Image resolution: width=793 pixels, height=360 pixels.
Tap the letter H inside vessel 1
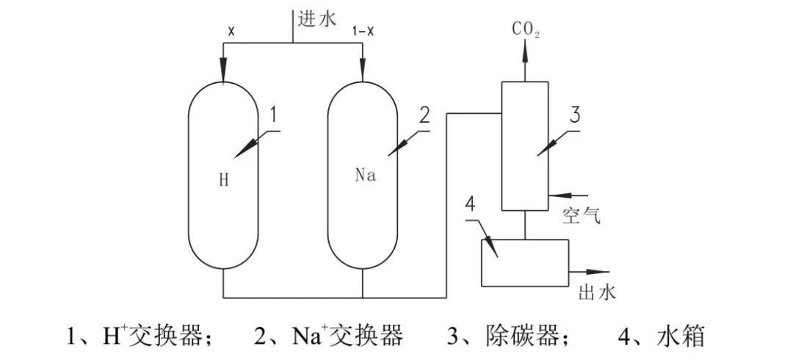(x=224, y=179)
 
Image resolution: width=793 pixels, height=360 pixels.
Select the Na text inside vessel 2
(x=365, y=177)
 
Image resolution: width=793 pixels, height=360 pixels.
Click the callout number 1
(x=272, y=115)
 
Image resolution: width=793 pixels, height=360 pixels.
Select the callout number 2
(x=424, y=115)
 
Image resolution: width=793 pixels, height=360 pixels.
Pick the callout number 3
(x=576, y=115)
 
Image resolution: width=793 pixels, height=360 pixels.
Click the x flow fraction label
(x=231, y=33)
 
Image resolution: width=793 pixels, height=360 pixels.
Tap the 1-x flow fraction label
(x=363, y=33)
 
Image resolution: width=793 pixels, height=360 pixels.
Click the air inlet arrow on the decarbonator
(x=560, y=195)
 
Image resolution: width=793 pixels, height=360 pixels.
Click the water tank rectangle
(x=524, y=262)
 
